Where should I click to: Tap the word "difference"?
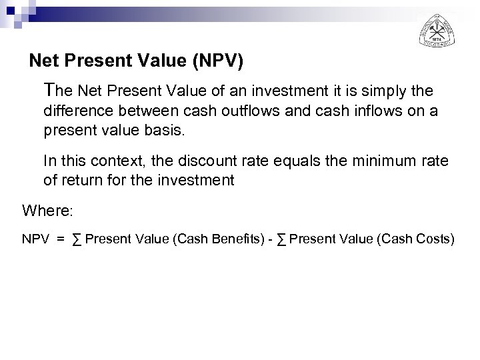point(76,111)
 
